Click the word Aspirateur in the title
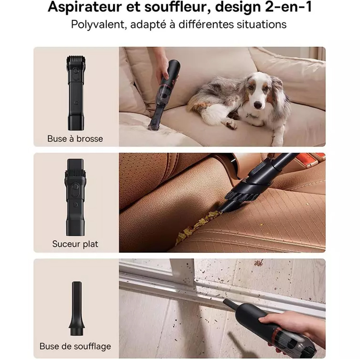(85, 7)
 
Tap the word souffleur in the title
(177, 7)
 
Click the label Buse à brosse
(75, 139)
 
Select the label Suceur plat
(75, 244)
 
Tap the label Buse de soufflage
(75, 346)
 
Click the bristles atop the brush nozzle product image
(76, 61)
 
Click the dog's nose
(258, 105)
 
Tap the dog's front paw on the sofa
(231, 124)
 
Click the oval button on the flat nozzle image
(75, 186)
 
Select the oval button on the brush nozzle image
(76, 71)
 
